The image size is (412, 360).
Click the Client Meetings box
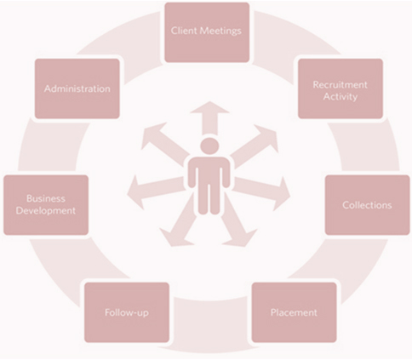[x=207, y=32]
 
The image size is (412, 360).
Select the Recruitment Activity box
[x=340, y=89]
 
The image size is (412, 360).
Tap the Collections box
[x=367, y=205]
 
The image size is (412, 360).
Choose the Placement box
[x=294, y=312]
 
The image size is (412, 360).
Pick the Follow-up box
[x=127, y=312]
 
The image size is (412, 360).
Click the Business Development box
[x=46, y=205]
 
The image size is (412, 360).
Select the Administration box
[x=77, y=89]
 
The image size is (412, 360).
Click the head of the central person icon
[x=209, y=146]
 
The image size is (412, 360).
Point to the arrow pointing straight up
[x=209, y=118]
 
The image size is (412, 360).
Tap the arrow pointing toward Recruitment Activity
[x=254, y=146]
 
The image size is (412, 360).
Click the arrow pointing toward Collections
[x=262, y=191]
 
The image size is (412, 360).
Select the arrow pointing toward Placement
[x=237, y=222]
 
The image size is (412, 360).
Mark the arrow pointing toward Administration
[x=165, y=143]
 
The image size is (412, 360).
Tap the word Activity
[x=340, y=97]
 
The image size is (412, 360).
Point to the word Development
[x=46, y=210]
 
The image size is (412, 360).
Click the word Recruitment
[x=340, y=84]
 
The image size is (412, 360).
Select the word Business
[x=46, y=198]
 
